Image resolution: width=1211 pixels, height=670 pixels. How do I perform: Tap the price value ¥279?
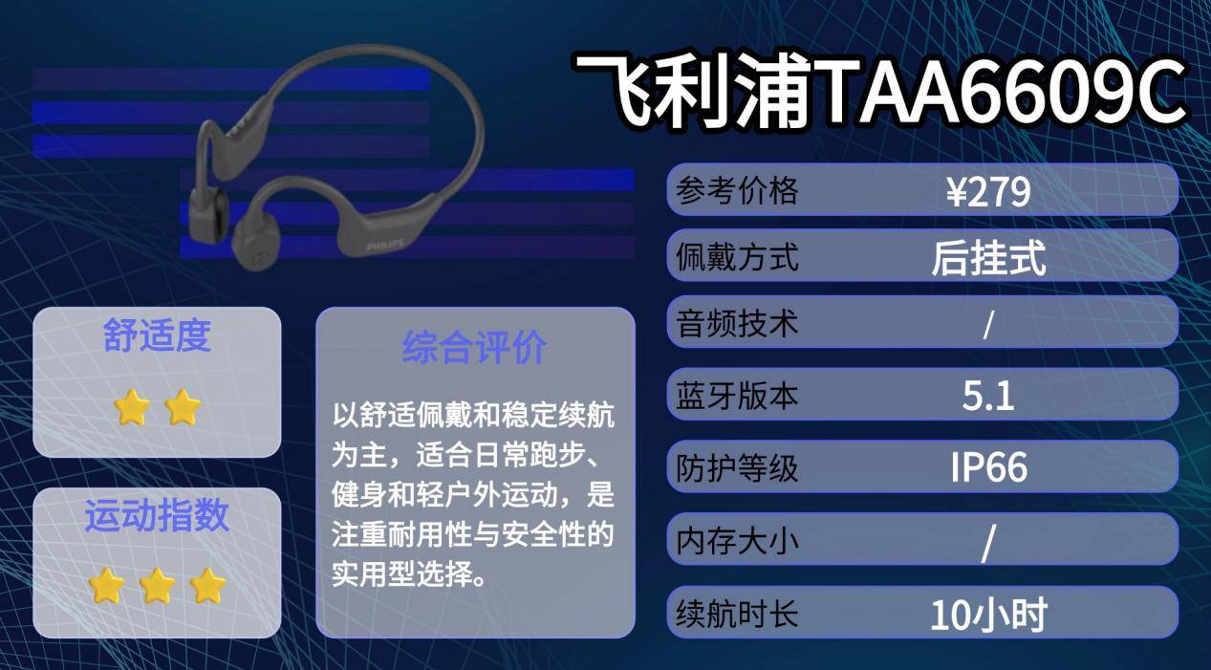pyautogui.click(x=988, y=193)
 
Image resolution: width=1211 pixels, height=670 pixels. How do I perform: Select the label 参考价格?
pyautogui.click(x=737, y=192)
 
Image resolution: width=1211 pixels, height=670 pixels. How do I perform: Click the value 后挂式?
pyautogui.click(x=988, y=258)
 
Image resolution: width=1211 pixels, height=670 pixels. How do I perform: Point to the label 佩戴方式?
pyautogui.click(x=737, y=258)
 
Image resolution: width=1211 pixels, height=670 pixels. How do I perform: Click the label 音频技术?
pyautogui.click(x=737, y=324)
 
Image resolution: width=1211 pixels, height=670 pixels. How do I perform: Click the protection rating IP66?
pyautogui.click(x=988, y=467)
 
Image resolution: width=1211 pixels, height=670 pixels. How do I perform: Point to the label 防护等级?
pyautogui.click(x=737, y=468)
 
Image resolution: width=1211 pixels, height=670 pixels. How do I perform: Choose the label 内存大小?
pyautogui.click(x=737, y=541)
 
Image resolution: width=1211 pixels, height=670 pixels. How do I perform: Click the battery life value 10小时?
pyautogui.click(x=988, y=614)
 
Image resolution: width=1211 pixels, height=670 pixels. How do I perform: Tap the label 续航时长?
pyautogui.click(x=737, y=613)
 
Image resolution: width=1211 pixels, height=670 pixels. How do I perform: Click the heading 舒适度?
pyautogui.click(x=157, y=336)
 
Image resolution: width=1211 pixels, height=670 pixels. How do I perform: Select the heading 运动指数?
pyautogui.click(x=157, y=515)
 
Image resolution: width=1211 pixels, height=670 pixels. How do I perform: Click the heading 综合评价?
pyautogui.click(x=474, y=347)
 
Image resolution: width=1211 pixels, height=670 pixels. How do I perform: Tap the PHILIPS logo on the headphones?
pyautogui.click(x=385, y=246)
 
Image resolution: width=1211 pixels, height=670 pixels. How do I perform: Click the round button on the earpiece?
pyautogui.click(x=260, y=258)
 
